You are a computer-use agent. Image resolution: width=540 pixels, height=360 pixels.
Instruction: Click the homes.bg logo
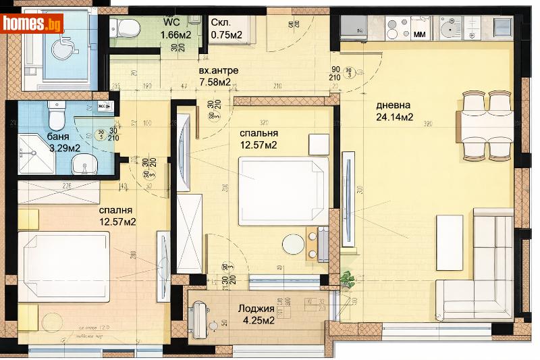pyautogui.click(x=32, y=24)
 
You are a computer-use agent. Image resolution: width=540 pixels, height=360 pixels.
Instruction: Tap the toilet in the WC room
pyautogui.click(x=125, y=28)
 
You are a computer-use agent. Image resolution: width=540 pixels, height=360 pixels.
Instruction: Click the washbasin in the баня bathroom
pyautogui.click(x=84, y=162)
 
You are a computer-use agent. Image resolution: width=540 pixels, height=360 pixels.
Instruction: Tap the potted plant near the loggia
pyautogui.click(x=348, y=278)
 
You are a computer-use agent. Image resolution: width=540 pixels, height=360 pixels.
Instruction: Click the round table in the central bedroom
pyautogui.click(x=294, y=244)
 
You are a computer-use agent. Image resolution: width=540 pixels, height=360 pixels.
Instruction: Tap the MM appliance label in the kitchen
pyautogui.click(x=419, y=32)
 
